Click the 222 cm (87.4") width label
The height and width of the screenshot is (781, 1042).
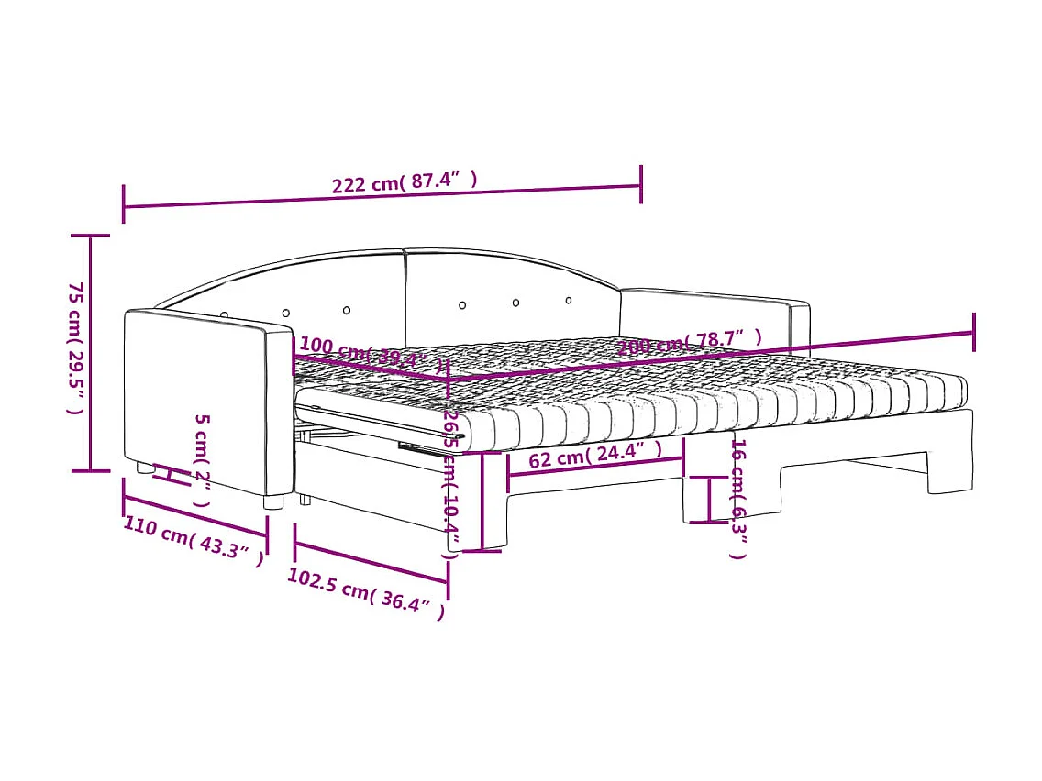405,182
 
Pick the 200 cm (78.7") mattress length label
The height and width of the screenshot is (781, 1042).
689,342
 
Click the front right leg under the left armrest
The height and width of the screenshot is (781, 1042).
273,501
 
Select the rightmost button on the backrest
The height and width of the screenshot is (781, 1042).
569,300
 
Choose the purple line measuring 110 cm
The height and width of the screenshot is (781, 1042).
194,519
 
